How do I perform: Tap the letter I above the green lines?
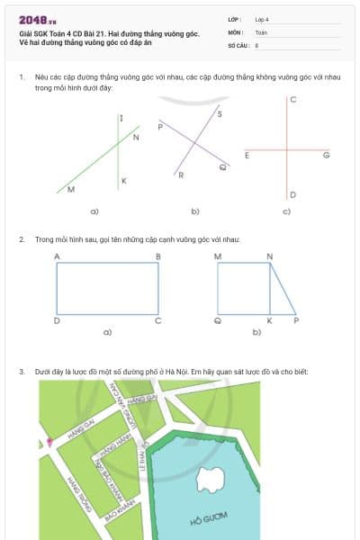[121, 118]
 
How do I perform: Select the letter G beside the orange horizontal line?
[326, 156]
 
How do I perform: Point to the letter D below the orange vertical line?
[292, 194]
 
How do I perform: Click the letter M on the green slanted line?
[71, 191]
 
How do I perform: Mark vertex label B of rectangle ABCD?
[158, 257]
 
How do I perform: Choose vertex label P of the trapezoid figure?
[296, 319]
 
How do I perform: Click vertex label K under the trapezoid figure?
[269, 319]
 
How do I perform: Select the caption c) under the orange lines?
[286, 212]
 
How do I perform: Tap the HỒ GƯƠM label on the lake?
[209, 518]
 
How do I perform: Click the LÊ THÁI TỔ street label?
[144, 461]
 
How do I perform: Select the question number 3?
[21, 371]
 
